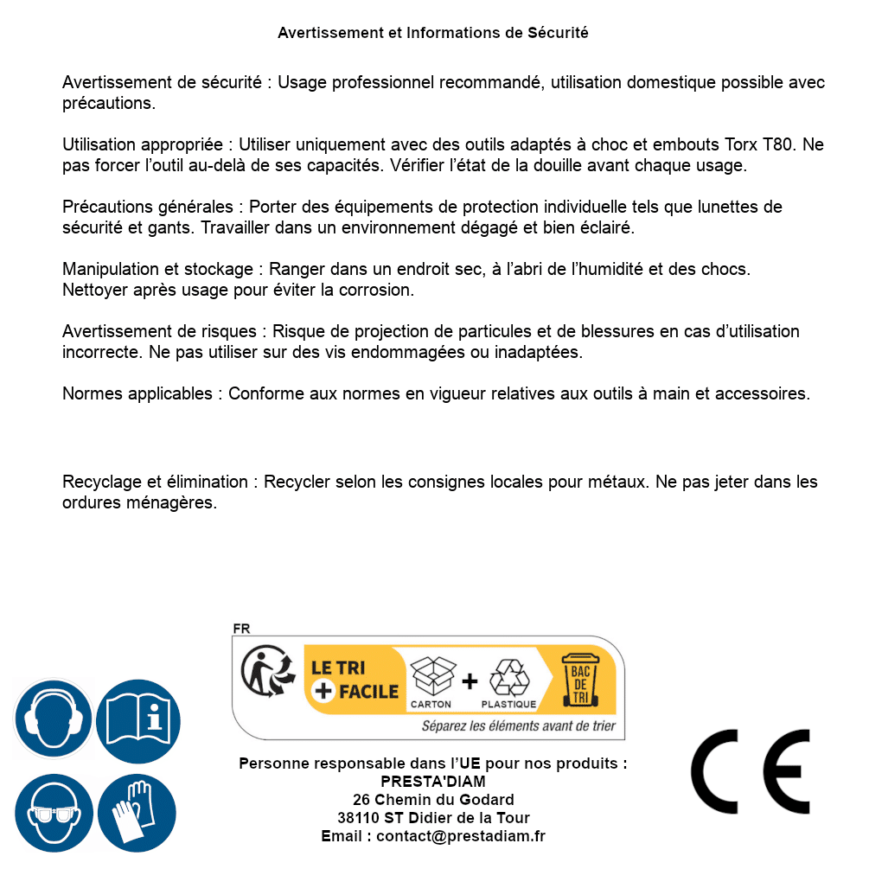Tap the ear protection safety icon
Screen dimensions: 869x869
point(53,719)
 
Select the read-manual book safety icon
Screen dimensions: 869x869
point(138,719)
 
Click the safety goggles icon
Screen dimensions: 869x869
point(53,813)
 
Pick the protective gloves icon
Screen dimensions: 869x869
point(137,813)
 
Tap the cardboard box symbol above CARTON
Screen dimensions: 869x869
point(431,676)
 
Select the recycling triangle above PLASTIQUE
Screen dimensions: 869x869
point(508,678)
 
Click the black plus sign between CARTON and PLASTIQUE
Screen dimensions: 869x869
point(470,681)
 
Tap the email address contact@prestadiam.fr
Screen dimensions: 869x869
point(460,836)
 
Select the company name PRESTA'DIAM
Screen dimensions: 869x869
point(432,782)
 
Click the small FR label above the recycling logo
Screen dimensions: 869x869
point(241,629)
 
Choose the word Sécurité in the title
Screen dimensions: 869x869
point(558,33)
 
